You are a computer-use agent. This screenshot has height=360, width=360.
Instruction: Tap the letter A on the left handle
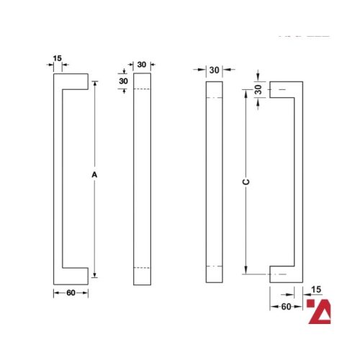click(x=94, y=175)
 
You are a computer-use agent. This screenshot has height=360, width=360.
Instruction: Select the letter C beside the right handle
click(x=246, y=183)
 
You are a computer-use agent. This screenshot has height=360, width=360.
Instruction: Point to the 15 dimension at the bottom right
click(x=315, y=289)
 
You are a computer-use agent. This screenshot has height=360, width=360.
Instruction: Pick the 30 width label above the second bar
click(x=142, y=65)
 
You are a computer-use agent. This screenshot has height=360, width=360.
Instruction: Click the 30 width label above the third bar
click(x=214, y=70)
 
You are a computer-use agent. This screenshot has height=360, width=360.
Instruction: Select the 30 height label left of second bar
click(x=123, y=81)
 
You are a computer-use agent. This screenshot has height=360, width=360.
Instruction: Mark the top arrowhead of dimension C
click(x=246, y=98)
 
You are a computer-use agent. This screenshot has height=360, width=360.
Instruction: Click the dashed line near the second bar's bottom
click(x=142, y=268)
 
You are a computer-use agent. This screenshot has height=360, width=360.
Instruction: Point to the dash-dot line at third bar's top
click(x=215, y=97)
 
